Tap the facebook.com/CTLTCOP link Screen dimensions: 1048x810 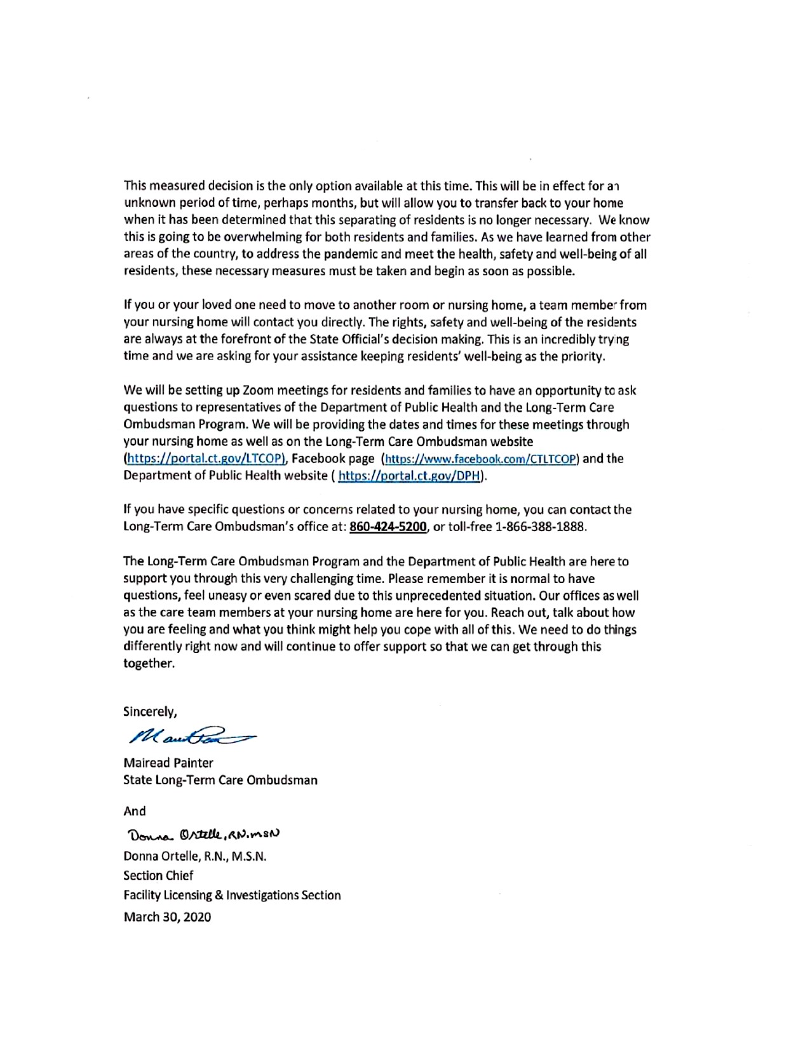(x=481, y=459)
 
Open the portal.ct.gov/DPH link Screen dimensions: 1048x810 (x=410, y=476)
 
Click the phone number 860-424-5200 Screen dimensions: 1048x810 (x=388, y=527)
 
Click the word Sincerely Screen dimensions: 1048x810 (x=150, y=711)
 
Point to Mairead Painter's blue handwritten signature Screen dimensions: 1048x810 (x=191, y=736)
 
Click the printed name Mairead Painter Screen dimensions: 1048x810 (x=168, y=763)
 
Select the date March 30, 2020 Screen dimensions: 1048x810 (x=167, y=917)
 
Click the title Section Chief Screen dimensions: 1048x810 (x=158, y=875)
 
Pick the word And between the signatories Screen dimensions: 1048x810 (x=135, y=811)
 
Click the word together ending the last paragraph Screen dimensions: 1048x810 (x=148, y=664)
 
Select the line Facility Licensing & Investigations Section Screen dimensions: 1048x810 (x=232, y=895)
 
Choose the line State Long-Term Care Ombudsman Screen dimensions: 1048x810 (x=220, y=780)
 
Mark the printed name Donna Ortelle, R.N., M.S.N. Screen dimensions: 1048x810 (x=194, y=856)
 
